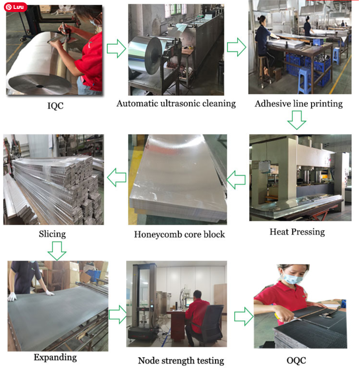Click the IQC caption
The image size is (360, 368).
55,106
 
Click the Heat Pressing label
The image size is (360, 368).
297,232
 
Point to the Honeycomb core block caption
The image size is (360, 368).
179,234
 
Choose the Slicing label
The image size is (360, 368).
53,234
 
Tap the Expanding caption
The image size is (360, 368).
55,357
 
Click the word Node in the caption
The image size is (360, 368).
148,361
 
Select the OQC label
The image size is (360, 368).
296,361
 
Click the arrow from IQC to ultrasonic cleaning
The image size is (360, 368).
117,49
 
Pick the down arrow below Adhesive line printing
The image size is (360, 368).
297,120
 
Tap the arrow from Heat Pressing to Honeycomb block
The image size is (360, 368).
236,180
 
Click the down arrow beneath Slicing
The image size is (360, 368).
57,251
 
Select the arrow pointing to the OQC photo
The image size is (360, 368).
244,316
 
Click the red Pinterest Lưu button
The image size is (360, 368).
15,7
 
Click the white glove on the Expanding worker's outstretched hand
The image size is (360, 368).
50,293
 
